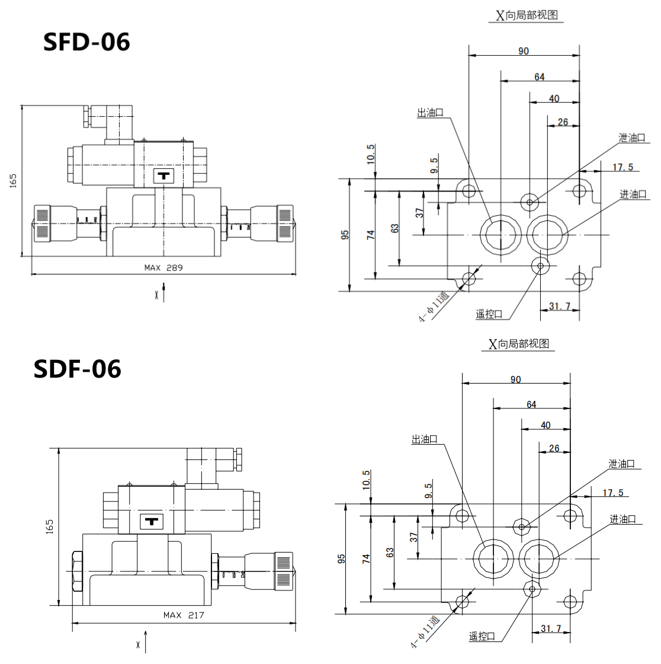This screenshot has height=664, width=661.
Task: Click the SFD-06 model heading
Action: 86,42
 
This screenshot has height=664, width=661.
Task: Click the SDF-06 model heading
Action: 78,369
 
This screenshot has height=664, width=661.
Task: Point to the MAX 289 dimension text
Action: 163,267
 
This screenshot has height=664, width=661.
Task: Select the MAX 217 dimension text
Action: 184,615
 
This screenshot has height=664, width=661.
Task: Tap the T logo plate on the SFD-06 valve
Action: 163,175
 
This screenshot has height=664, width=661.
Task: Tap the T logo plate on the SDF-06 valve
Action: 152,522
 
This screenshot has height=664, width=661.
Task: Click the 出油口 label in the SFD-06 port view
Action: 430,113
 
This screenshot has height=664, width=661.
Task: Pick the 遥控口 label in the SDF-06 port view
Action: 482,637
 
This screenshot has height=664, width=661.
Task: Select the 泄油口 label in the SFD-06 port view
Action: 632,138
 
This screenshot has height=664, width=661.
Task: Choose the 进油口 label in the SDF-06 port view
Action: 623,519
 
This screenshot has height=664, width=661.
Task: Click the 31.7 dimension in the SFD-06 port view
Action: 559,306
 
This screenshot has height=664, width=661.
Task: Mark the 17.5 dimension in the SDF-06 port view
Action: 613,493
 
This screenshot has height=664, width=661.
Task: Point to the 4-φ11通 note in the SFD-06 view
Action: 434,307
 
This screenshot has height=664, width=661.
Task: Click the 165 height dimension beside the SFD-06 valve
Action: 13,181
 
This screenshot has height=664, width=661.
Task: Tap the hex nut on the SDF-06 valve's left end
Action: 77,572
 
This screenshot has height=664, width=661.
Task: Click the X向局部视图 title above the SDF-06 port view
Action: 519,344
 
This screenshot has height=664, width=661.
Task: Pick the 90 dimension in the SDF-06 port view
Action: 515,379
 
